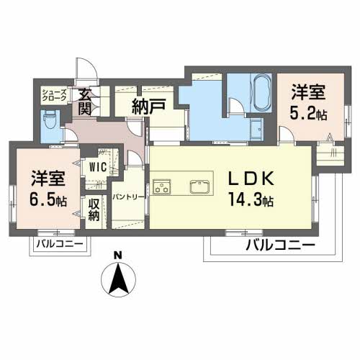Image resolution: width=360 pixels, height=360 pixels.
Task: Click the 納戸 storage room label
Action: pos(148,106)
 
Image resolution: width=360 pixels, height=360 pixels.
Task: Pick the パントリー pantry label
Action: pos(130,196)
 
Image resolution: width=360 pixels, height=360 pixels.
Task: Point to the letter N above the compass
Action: pos(120,255)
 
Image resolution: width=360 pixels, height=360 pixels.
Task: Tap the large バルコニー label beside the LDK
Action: pos(279,246)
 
